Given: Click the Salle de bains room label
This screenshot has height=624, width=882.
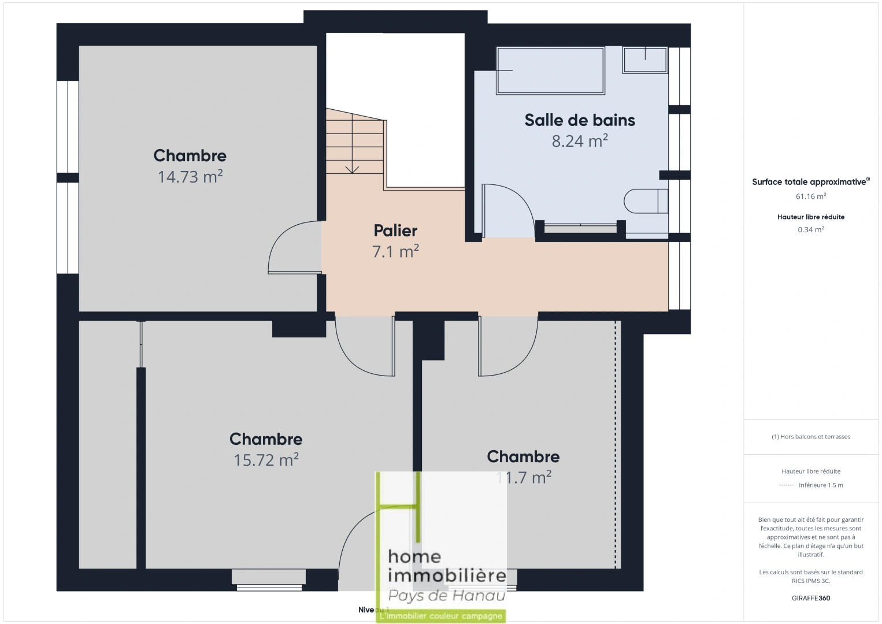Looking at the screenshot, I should [x=580, y=120].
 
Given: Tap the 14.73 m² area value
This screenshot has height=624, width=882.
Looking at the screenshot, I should [x=190, y=176].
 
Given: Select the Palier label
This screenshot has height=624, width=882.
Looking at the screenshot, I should [x=395, y=231].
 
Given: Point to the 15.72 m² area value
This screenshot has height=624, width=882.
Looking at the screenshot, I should [x=266, y=460].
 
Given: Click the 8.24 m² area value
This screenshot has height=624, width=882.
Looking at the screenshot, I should [x=580, y=141].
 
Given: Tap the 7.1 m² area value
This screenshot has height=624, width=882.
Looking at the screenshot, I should [x=395, y=251].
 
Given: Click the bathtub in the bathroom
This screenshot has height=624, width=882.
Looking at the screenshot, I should [x=550, y=70].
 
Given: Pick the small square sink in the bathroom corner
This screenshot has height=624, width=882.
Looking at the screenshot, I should [x=645, y=60].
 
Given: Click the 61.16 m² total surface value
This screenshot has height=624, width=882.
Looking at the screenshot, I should [x=811, y=196].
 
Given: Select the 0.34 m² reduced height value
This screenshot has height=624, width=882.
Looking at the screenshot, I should [x=811, y=229].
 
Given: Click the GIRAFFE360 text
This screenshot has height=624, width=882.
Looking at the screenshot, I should [x=811, y=598].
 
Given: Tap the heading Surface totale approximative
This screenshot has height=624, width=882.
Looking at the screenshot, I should [x=809, y=182].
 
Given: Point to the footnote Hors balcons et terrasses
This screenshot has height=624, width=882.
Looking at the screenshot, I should [x=811, y=437].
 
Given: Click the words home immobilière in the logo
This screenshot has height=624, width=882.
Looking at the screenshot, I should [x=447, y=566].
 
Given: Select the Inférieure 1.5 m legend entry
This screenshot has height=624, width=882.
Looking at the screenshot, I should [x=820, y=485].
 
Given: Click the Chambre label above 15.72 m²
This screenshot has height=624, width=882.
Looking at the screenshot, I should [x=266, y=439].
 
